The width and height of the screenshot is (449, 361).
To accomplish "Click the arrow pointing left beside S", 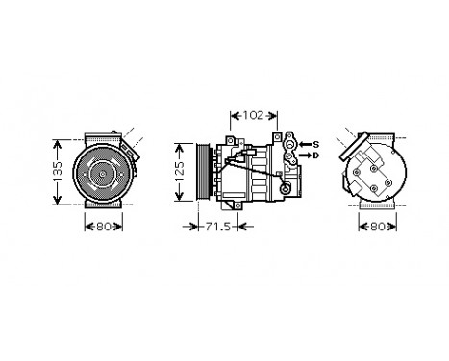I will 304,144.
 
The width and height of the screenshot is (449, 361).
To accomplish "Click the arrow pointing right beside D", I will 304,155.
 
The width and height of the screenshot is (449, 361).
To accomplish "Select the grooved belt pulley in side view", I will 205,173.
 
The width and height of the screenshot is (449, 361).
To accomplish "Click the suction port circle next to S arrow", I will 289,144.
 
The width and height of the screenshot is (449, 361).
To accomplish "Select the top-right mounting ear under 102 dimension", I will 276,137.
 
